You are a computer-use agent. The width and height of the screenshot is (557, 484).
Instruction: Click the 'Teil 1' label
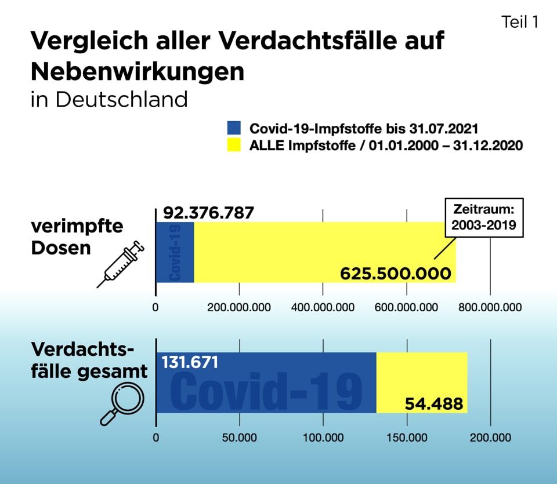click(520, 22)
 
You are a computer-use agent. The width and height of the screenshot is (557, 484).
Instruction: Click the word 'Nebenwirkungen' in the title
click(137, 71)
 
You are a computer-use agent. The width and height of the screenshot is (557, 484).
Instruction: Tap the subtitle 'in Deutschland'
click(109, 99)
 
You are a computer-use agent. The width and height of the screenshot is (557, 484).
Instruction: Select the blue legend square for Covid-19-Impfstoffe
click(233, 128)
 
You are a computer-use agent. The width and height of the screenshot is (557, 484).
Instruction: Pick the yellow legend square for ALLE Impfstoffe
click(233, 145)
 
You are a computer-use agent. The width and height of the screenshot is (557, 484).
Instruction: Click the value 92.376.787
click(208, 212)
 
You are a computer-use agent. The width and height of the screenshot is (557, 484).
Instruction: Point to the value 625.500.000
click(395, 273)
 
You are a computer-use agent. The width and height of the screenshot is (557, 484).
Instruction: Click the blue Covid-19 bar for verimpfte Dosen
click(175, 252)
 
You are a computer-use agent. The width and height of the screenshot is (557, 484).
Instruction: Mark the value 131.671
click(190, 363)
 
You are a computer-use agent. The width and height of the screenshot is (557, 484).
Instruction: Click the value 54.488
click(435, 403)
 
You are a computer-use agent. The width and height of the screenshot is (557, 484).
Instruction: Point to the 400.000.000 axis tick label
click(323, 307)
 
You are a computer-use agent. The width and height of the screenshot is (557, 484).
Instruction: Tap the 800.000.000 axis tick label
click(490, 307)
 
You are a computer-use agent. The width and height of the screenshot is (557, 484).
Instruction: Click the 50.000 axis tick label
click(239, 438)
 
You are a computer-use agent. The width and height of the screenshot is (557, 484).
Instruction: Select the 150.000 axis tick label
click(407, 438)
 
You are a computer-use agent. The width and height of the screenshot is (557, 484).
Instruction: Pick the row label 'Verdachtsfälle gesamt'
click(89, 361)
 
